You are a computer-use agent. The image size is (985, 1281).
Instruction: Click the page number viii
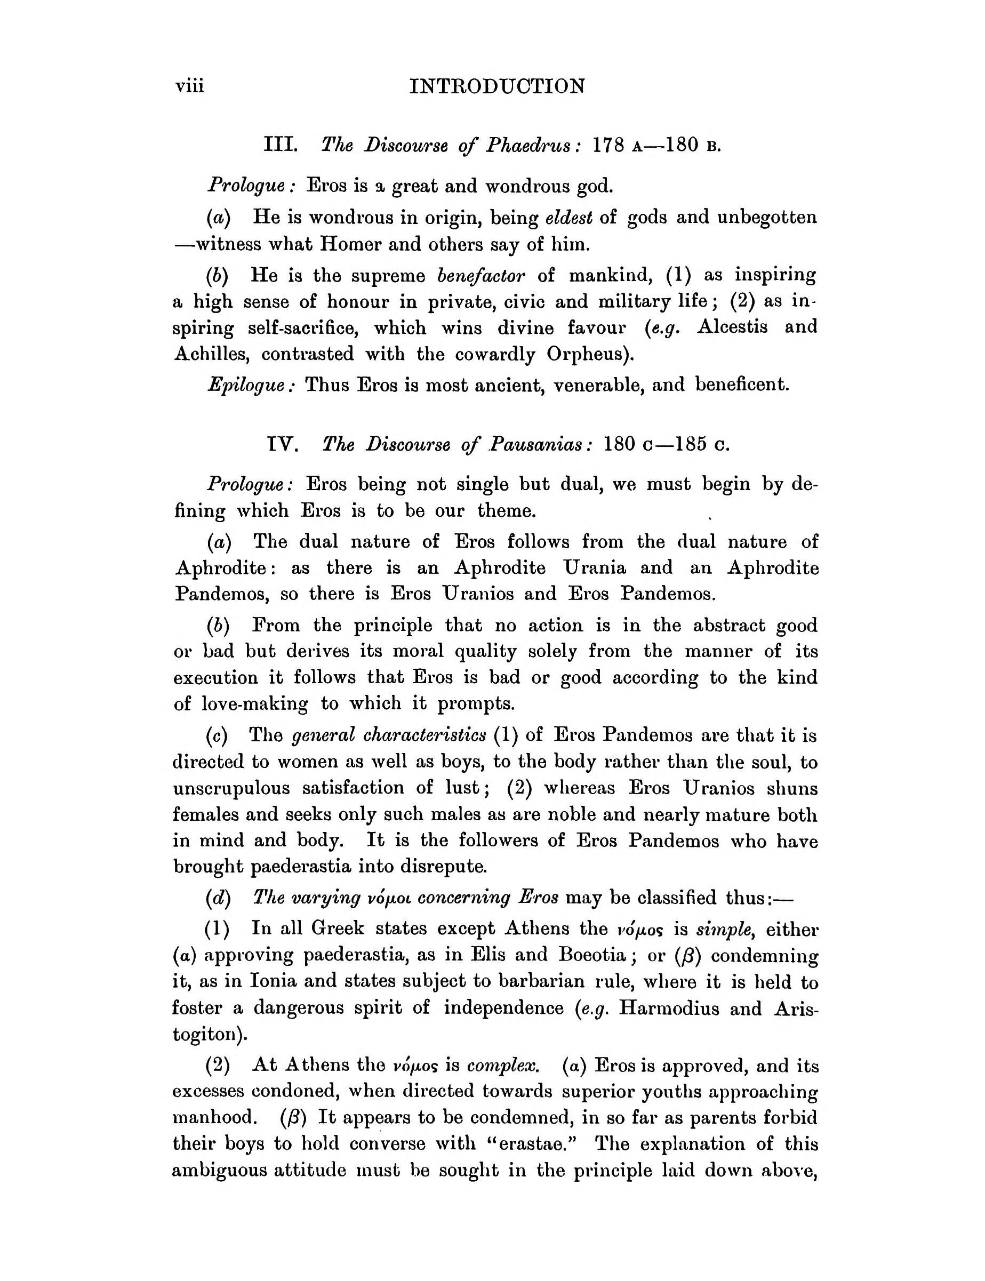click(189, 87)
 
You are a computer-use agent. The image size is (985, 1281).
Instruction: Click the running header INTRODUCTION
click(497, 87)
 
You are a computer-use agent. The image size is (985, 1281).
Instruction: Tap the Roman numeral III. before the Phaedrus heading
click(281, 144)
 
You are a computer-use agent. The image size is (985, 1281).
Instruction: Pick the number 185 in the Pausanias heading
click(690, 444)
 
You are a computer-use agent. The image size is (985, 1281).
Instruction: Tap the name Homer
click(349, 244)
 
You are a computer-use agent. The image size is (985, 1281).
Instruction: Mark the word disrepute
click(443, 866)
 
